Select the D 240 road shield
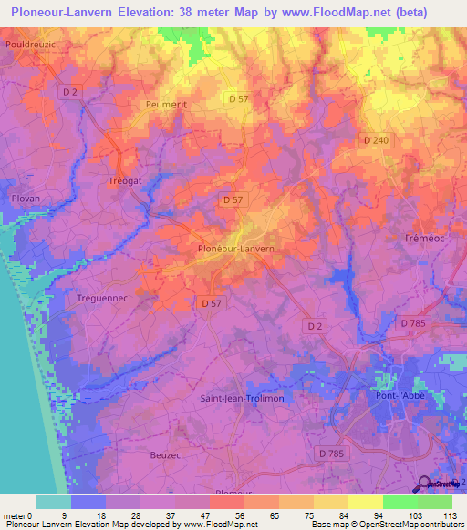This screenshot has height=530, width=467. (375, 139)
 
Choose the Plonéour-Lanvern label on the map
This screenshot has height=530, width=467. (236, 247)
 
